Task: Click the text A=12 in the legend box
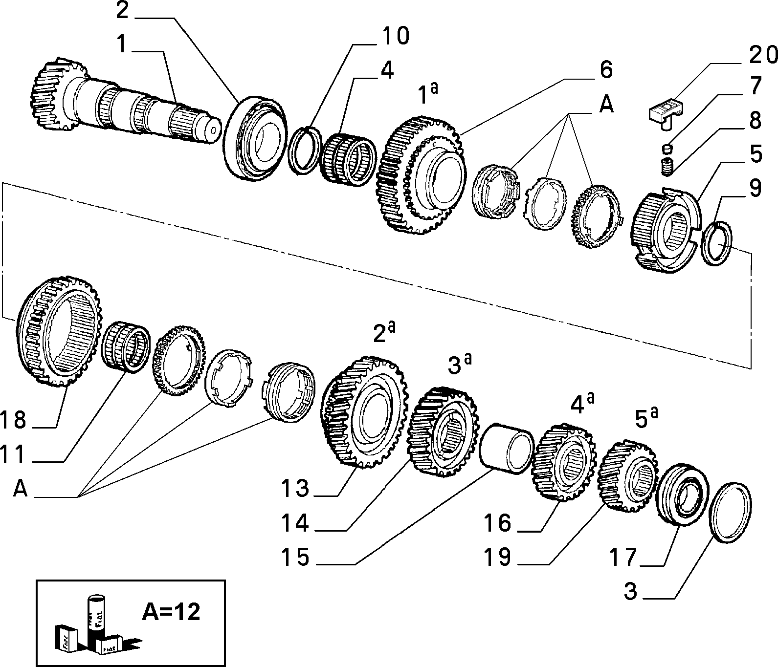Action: pyautogui.click(x=171, y=611)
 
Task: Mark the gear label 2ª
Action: pyautogui.click(x=384, y=332)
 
